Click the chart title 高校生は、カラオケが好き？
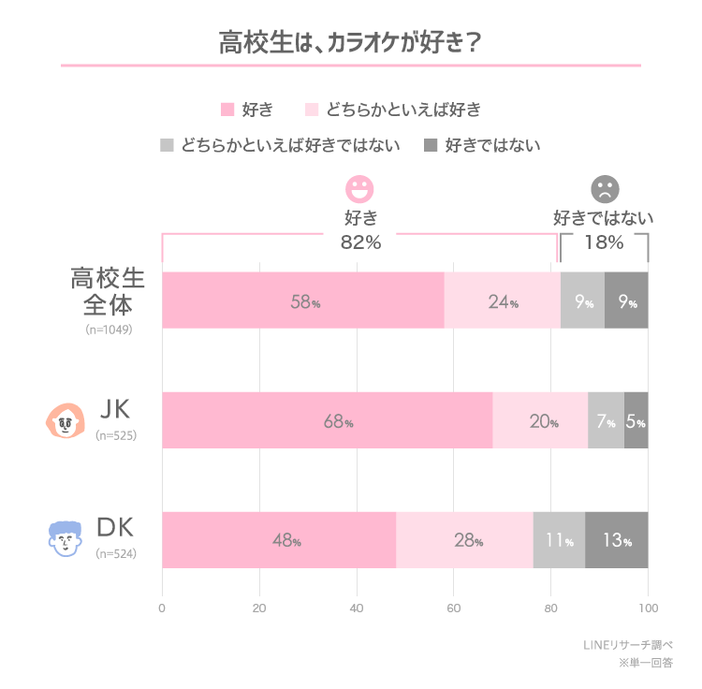tap(351, 43)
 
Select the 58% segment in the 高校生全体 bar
tap(302, 301)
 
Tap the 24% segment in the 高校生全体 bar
tap(502, 301)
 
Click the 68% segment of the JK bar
tap(328, 420)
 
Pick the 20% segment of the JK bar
tap(540, 420)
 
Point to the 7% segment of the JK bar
tap(606, 420)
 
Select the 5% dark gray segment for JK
tap(636, 420)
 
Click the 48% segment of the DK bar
tap(279, 540)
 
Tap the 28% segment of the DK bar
tap(464, 540)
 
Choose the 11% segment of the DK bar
tap(559, 540)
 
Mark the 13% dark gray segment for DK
tap(617, 540)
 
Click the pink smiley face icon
tap(359, 189)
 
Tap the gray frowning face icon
tap(605, 189)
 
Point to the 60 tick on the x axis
tap(454, 607)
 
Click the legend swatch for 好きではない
tap(431, 145)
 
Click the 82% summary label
tap(359, 242)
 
